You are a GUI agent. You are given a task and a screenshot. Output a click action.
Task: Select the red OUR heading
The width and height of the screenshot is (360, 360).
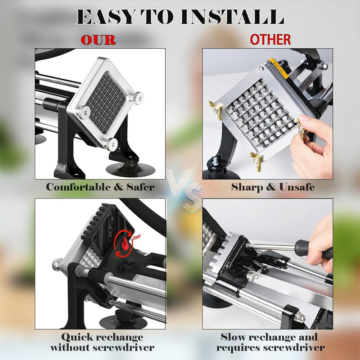[x=98, y=40]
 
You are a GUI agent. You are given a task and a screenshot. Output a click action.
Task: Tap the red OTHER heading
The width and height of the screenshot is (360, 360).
[x=270, y=40]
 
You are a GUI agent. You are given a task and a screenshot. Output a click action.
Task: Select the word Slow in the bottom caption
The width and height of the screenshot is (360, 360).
[x=233, y=337]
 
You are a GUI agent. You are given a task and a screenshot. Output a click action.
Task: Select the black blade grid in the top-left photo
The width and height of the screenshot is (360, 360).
[x=106, y=102]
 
